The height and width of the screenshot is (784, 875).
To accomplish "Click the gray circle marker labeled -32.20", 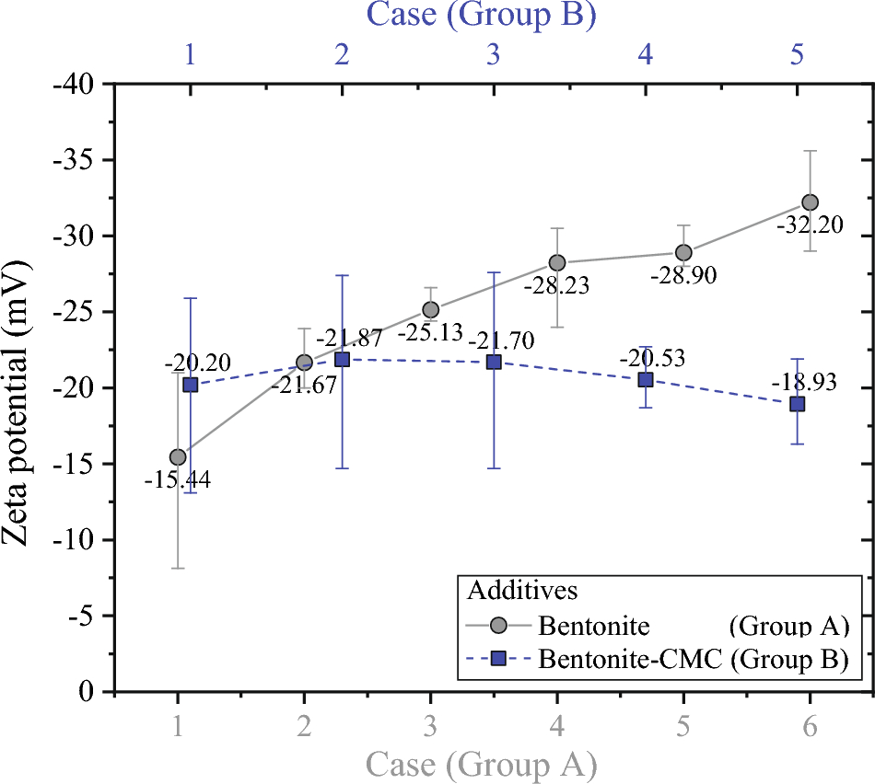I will pos(810,202).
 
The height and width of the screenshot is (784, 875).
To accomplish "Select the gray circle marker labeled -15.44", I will pos(178,456).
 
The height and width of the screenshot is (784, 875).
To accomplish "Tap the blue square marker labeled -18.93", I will pos(798,404).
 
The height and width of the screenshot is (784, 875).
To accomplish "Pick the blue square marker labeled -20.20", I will pos(191,385).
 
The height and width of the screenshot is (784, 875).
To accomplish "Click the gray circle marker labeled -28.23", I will pos(557,263).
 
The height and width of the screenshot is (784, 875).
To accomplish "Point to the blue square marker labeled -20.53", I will pos(646,380).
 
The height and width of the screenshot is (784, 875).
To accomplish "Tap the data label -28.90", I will pos(682,275).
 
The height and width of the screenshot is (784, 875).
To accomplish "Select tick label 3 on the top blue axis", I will pos(494,54).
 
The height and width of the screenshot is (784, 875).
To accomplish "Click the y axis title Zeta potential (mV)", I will pos(25,387).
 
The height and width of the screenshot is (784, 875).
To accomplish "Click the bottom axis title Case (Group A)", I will pos(481,764).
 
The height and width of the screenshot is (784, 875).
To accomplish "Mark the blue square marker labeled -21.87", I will pos(342,359).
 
